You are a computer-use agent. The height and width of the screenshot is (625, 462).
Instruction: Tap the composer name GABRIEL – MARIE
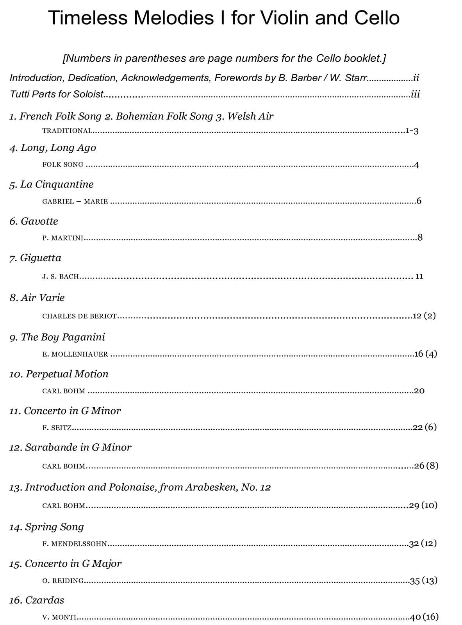[75, 202]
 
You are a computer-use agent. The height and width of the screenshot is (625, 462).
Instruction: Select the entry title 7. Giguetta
[35, 258]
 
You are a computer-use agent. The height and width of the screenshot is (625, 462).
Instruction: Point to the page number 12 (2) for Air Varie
[424, 316]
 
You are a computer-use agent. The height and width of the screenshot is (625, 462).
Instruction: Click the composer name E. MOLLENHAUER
[75, 354]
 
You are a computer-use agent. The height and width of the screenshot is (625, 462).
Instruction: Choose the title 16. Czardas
[37, 600]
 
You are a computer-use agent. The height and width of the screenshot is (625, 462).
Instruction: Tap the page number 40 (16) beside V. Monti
[424, 617]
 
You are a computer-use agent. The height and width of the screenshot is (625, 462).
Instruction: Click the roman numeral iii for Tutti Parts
[416, 94]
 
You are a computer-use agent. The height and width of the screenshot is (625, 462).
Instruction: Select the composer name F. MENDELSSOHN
[75, 544]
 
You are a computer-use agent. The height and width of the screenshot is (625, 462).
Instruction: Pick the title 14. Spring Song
[46, 527]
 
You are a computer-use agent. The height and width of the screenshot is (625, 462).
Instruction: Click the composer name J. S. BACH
[61, 277]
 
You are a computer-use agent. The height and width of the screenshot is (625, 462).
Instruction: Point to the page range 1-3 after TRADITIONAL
[412, 131]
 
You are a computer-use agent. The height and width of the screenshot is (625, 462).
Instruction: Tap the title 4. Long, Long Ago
[53, 148]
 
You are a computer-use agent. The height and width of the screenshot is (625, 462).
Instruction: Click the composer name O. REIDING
[63, 581]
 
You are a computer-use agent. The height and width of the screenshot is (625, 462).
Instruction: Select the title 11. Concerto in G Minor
[65, 411]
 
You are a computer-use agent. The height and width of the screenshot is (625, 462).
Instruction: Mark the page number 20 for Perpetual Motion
[419, 391]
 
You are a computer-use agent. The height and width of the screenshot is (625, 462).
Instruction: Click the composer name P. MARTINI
[62, 238]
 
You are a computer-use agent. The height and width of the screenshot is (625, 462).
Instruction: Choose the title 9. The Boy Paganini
[57, 337]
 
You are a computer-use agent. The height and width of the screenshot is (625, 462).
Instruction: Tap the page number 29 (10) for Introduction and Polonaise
[423, 505]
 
